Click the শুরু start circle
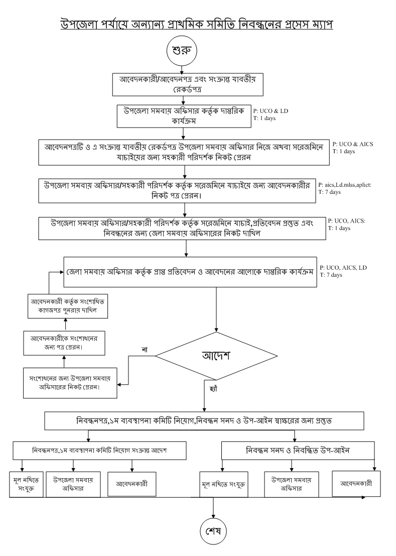pos(184,52)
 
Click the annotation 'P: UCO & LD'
pos(271,110)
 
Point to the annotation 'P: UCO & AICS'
pos(353,144)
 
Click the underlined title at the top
pos(197,23)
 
